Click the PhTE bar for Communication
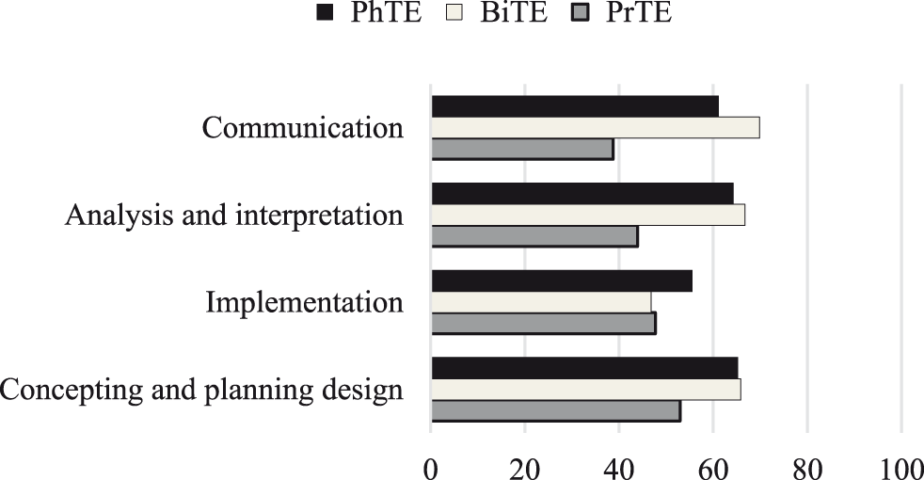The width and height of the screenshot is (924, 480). tap(574, 106)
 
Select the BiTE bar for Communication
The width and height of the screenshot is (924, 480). tap(595, 128)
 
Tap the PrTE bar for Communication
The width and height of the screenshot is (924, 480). tap(522, 149)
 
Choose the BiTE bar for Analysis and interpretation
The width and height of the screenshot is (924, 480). tap(588, 215)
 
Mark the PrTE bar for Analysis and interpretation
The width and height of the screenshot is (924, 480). tap(534, 236)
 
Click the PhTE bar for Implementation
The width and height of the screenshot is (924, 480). tap(561, 280)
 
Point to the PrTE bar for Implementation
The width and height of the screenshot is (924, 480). tap(543, 323)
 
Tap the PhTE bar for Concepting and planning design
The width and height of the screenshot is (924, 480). tap(584, 368)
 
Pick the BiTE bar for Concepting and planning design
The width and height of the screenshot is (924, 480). tap(585, 389)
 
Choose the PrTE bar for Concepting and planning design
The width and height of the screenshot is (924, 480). tap(555, 410)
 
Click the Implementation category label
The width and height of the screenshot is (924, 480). tap(305, 303)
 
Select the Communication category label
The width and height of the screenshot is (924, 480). tap(303, 128)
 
